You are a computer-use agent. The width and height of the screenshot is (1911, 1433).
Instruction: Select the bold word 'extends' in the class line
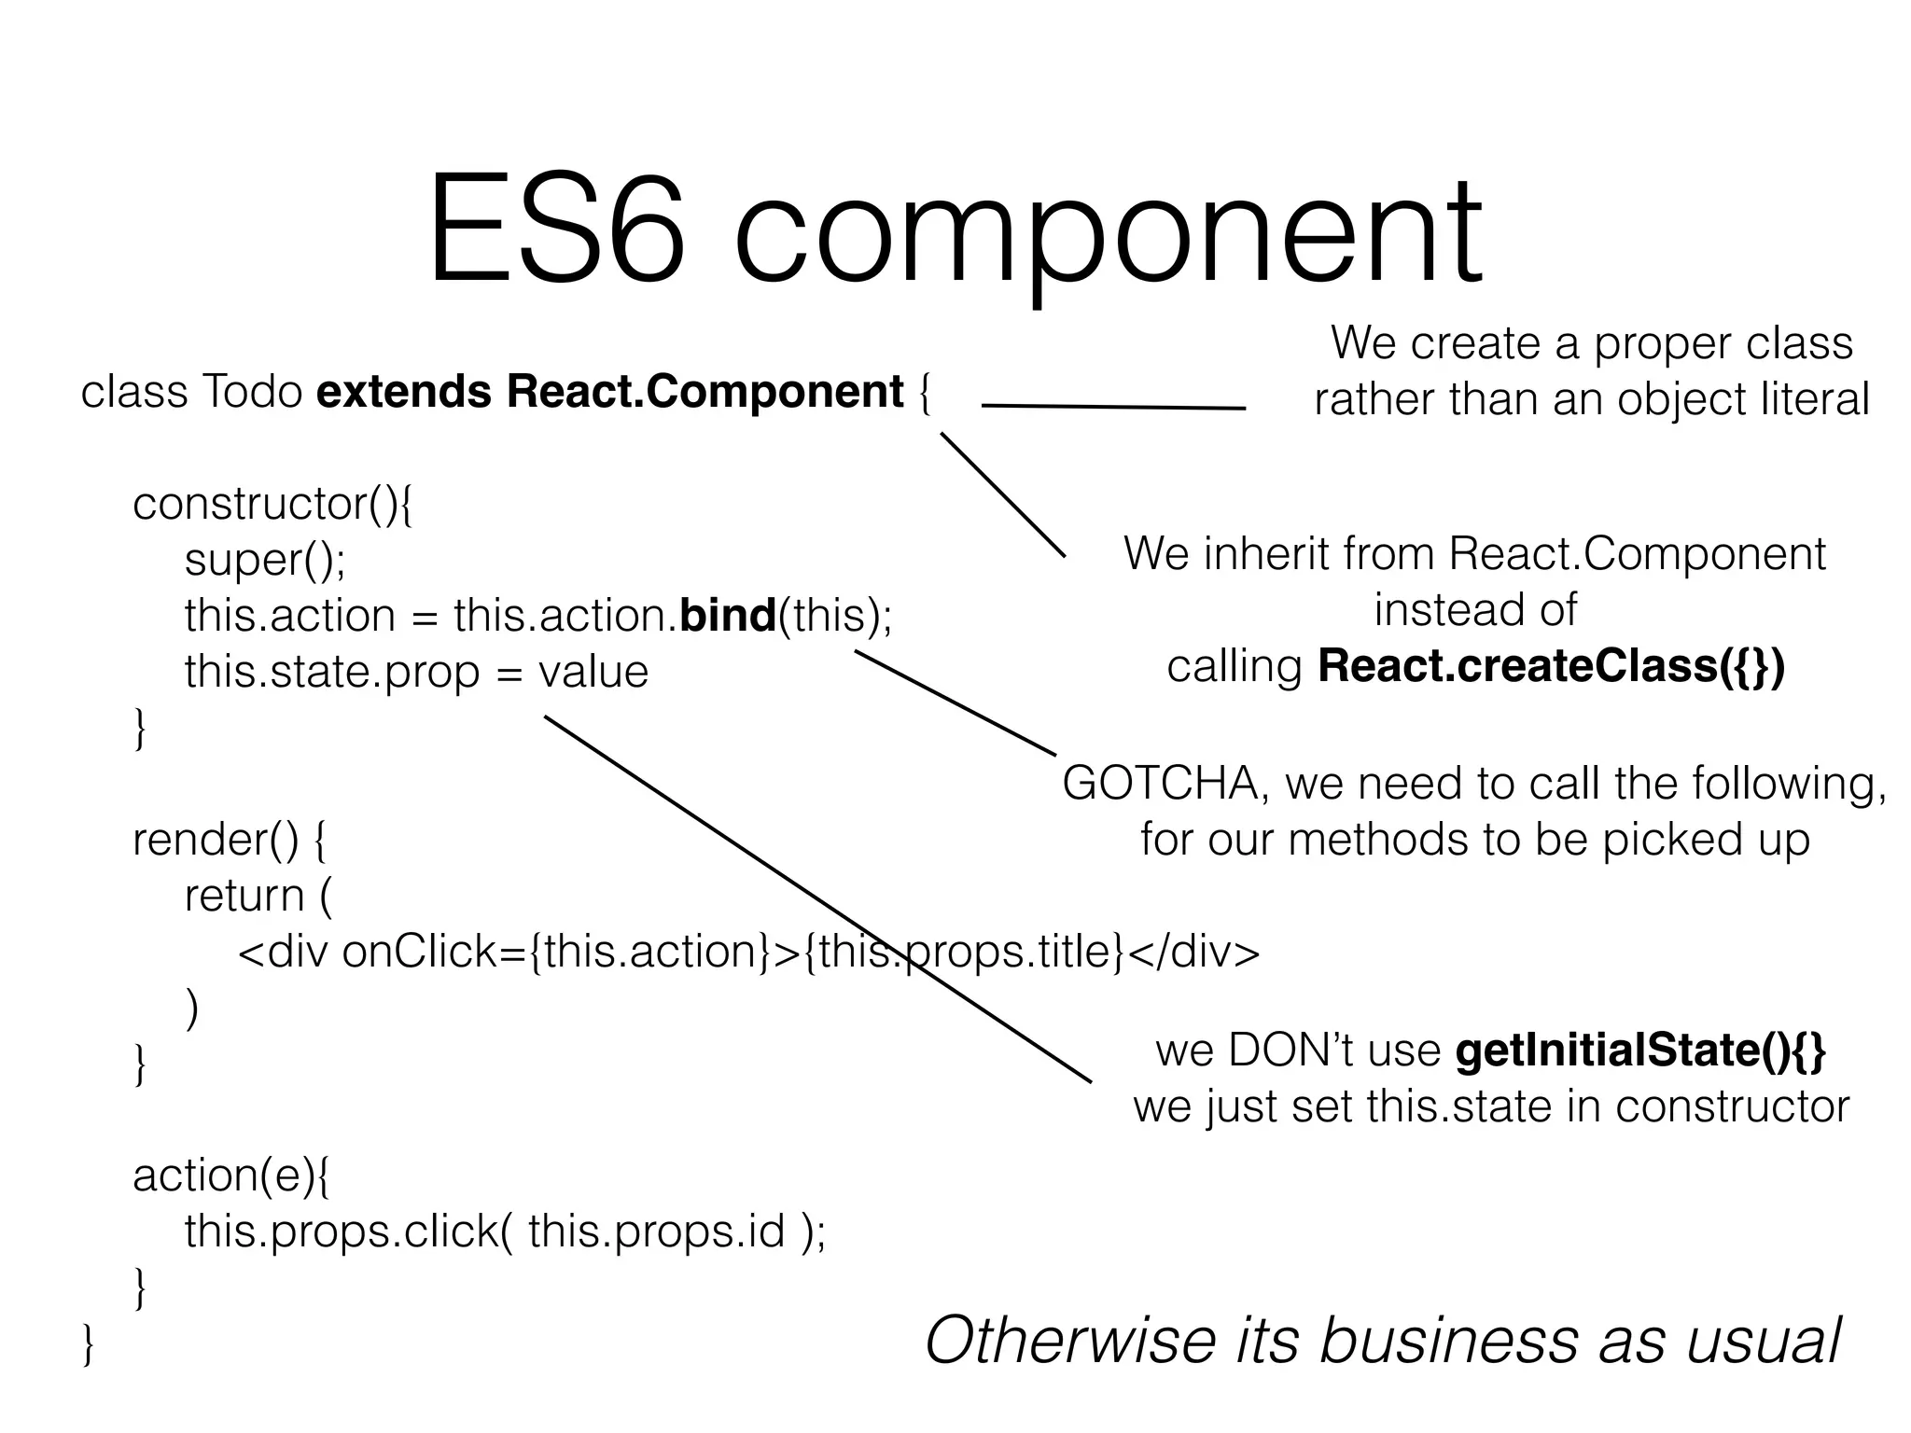click(x=403, y=392)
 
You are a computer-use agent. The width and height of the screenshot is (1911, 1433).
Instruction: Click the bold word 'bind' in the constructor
click(x=729, y=616)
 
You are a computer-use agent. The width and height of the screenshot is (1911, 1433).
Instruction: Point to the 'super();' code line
click(x=265, y=560)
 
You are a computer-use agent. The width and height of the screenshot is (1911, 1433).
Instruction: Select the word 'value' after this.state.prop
click(x=593, y=672)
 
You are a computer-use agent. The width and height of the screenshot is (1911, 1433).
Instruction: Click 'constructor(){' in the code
click(x=272, y=504)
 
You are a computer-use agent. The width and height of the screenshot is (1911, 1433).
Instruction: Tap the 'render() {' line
click(x=230, y=840)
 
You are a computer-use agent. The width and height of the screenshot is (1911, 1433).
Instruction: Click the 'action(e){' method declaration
click(x=230, y=1176)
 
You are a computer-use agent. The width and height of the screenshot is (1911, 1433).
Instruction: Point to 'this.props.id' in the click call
click(x=656, y=1231)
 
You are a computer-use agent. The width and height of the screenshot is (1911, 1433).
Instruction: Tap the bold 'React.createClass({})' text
click(x=1551, y=666)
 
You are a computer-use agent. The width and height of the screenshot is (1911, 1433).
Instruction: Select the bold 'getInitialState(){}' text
click(x=1640, y=1050)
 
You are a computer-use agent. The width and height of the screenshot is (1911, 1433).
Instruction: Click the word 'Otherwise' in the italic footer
click(x=1069, y=1340)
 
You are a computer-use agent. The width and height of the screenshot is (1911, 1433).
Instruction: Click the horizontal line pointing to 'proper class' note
click(x=1113, y=407)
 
